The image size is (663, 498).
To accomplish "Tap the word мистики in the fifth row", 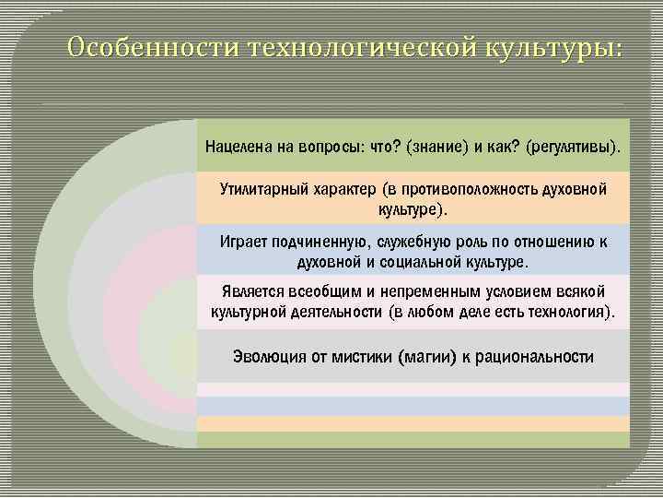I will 359,357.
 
